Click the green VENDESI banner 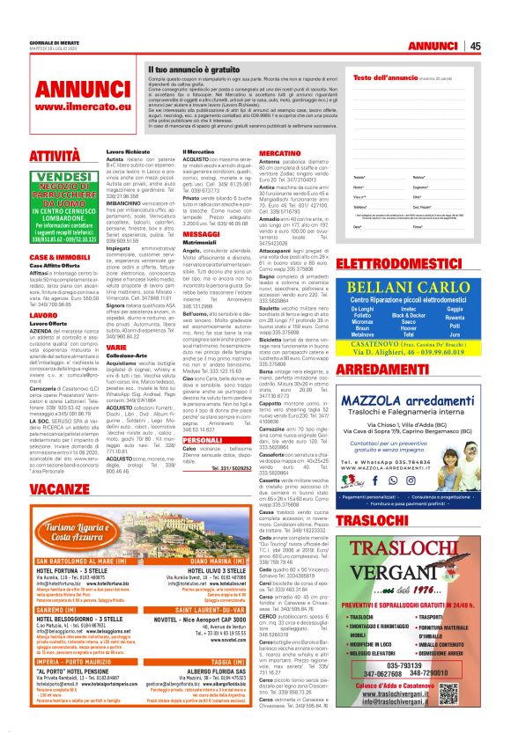(61, 177)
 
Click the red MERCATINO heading (280, 153)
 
